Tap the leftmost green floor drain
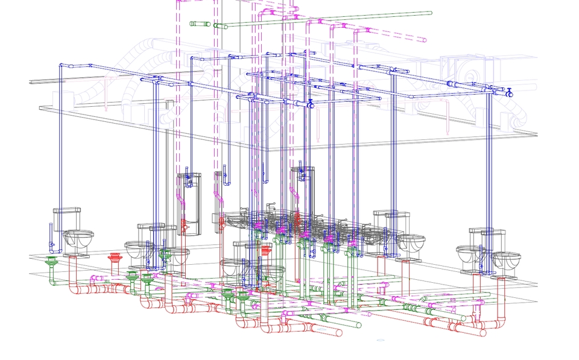(52, 261)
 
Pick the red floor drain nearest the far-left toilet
(114, 259)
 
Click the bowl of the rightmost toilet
(505, 262)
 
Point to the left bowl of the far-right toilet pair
(469, 256)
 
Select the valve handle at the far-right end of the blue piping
(510, 93)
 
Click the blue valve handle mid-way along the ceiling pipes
(311, 104)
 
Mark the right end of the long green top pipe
(429, 13)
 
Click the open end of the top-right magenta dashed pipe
(425, 40)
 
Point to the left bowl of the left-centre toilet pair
(137, 249)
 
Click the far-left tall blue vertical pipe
(60, 145)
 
